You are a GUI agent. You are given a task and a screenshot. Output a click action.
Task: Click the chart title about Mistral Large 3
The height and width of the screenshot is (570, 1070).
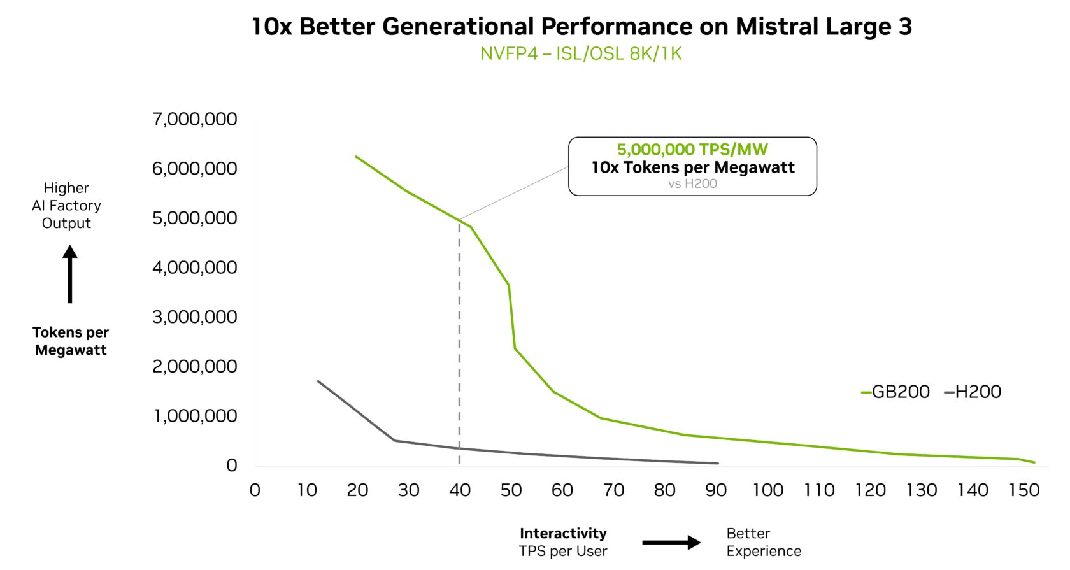click(581, 27)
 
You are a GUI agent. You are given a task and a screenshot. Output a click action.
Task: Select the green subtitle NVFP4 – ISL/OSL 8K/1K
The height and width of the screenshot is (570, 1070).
click(581, 53)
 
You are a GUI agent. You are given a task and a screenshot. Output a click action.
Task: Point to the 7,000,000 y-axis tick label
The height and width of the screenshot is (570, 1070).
click(194, 119)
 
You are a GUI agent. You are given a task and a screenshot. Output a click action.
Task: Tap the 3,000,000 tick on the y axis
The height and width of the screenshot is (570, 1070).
click(194, 317)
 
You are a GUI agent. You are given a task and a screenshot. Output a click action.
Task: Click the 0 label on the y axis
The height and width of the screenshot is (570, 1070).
click(231, 466)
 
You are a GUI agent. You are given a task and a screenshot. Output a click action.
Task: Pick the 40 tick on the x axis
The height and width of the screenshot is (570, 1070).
click(460, 490)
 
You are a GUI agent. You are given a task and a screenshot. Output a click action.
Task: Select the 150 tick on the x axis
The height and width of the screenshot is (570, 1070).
click(1024, 490)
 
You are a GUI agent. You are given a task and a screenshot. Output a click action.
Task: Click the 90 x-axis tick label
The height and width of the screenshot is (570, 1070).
click(716, 490)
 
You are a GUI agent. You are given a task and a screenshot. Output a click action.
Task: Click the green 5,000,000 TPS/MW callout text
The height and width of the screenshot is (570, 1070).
click(692, 150)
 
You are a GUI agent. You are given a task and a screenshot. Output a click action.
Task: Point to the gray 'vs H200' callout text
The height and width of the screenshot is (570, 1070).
click(692, 184)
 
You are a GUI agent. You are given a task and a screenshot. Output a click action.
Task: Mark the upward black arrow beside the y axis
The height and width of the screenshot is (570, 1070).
click(70, 274)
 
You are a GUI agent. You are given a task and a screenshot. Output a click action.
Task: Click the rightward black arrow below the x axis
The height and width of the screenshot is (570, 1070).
click(671, 543)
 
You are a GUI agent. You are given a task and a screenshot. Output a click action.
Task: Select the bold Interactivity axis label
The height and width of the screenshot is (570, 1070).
click(563, 533)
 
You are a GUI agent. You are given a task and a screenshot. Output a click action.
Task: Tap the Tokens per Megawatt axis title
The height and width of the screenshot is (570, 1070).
click(71, 341)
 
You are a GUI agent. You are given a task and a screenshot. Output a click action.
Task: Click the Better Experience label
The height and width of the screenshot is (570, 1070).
click(763, 542)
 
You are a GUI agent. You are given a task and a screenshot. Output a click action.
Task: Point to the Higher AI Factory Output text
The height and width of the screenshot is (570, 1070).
click(66, 205)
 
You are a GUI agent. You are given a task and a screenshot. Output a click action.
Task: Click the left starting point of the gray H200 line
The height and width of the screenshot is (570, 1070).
click(318, 381)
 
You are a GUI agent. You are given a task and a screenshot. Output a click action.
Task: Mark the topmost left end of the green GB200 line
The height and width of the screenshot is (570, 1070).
click(356, 157)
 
